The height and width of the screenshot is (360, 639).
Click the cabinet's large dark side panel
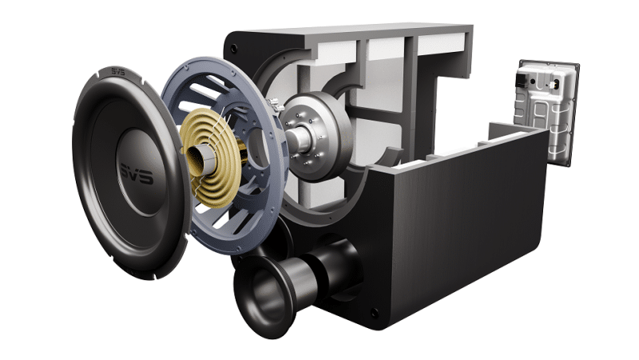coord(447,231)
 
